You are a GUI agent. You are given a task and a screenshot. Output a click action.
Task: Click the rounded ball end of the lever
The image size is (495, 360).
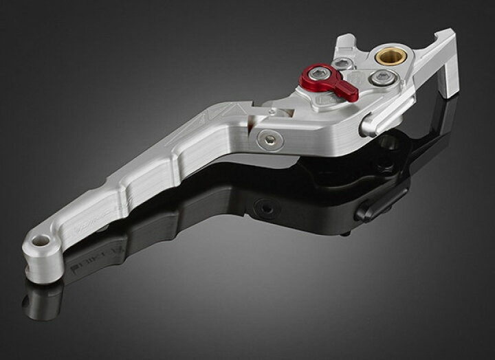click(41, 251)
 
